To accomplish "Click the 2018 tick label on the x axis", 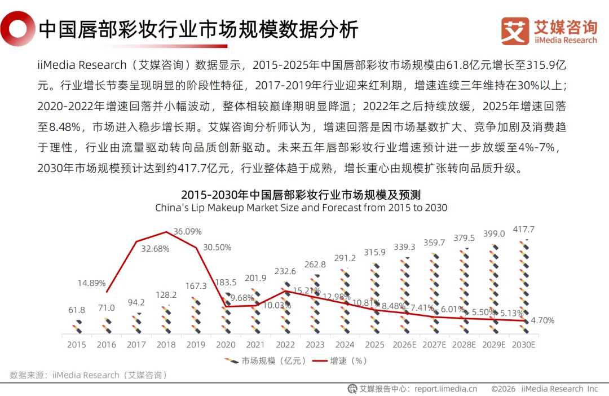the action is (x=166, y=345).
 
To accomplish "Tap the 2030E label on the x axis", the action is (x=523, y=345).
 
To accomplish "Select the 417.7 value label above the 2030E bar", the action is (x=523, y=229).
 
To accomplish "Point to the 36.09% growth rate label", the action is (x=187, y=232).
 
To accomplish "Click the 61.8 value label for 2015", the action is (x=77, y=310).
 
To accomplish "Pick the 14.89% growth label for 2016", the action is (x=91, y=283).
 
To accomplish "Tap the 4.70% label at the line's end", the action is (x=542, y=320).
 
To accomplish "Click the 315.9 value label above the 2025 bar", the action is (x=375, y=252).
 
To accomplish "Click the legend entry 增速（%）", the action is (x=340, y=361).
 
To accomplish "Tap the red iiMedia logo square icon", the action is (x=515, y=30).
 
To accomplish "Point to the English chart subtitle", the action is (x=301, y=208).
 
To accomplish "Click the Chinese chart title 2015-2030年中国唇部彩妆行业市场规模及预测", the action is (x=301, y=195).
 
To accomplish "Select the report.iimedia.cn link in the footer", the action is (x=445, y=389).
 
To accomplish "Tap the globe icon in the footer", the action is (x=352, y=389).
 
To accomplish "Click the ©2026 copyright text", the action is (x=503, y=389).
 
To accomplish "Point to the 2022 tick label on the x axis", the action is (x=285, y=345).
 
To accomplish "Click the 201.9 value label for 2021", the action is (x=255, y=278).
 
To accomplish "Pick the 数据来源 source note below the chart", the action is (x=89, y=375).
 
